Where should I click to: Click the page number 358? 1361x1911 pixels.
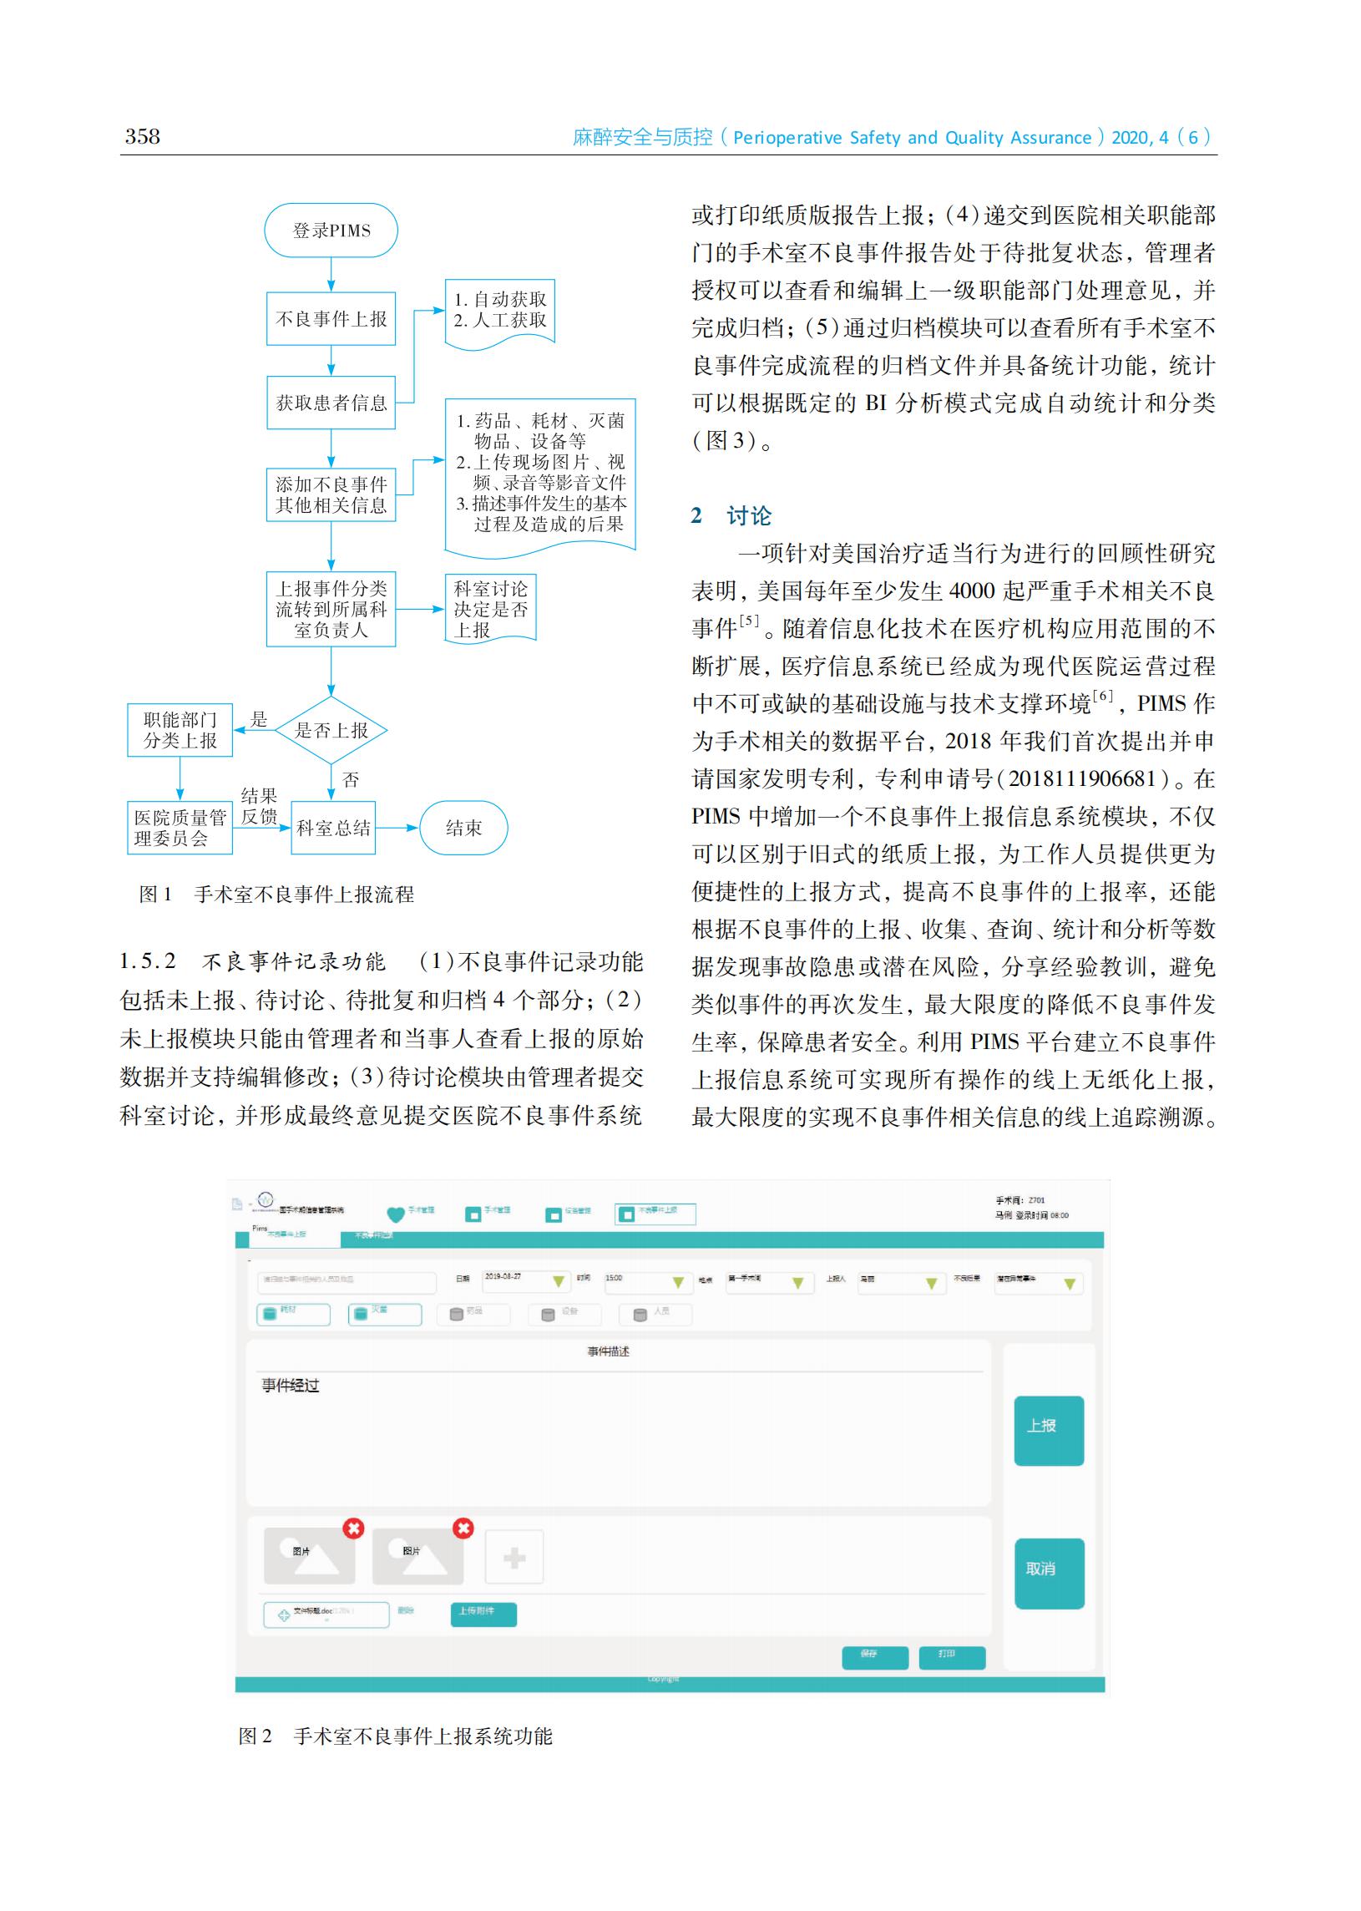click(x=143, y=137)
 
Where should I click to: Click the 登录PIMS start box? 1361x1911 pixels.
click(x=331, y=231)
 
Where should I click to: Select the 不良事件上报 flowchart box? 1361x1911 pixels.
click(x=331, y=318)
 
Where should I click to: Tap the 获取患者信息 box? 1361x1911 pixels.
click(x=331, y=403)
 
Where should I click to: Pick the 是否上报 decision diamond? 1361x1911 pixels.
click(x=331, y=730)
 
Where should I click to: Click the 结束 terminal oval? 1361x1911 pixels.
click(x=463, y=828)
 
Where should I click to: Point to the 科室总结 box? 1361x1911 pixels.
click(x=332, y=828)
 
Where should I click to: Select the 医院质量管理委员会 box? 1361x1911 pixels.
click(x=180, y=828)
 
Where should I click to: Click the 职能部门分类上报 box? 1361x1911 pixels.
click(x=180, y=730)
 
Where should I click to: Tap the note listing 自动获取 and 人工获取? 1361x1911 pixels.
click(x=499, y=311)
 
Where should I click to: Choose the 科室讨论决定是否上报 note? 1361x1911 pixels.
click(x=490, y=610)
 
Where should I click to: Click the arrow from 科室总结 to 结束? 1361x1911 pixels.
click(x=397, y=828)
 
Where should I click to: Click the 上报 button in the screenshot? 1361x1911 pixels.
click(x=1049, y=1431)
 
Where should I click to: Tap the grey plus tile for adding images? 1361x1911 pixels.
click(x=514, y=1558)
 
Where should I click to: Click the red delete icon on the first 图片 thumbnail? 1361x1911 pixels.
click(x=354, y=1528)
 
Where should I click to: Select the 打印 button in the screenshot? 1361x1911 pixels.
click(x=951, y=1657)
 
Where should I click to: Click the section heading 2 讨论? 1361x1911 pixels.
click(x=731, y=515)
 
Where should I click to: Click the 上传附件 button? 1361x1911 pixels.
click(x=483, y=1614)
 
